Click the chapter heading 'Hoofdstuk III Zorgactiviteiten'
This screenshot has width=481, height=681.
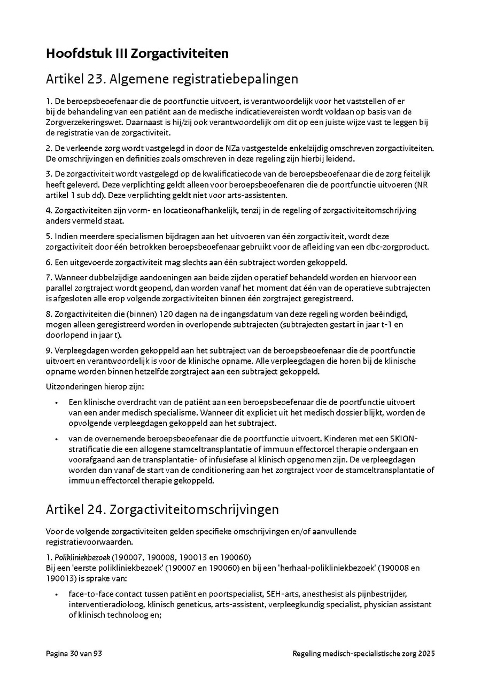click(x=137, y=53)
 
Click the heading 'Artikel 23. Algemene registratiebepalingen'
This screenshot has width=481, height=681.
click(x=172, y=79)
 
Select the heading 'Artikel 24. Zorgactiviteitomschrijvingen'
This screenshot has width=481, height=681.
click(x=162, y=509)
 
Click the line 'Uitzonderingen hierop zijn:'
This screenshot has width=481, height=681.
click(x=91, y=387)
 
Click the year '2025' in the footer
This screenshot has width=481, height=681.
click(x=426, y=653)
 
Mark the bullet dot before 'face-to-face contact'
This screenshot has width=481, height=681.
click(x=57, y=594)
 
